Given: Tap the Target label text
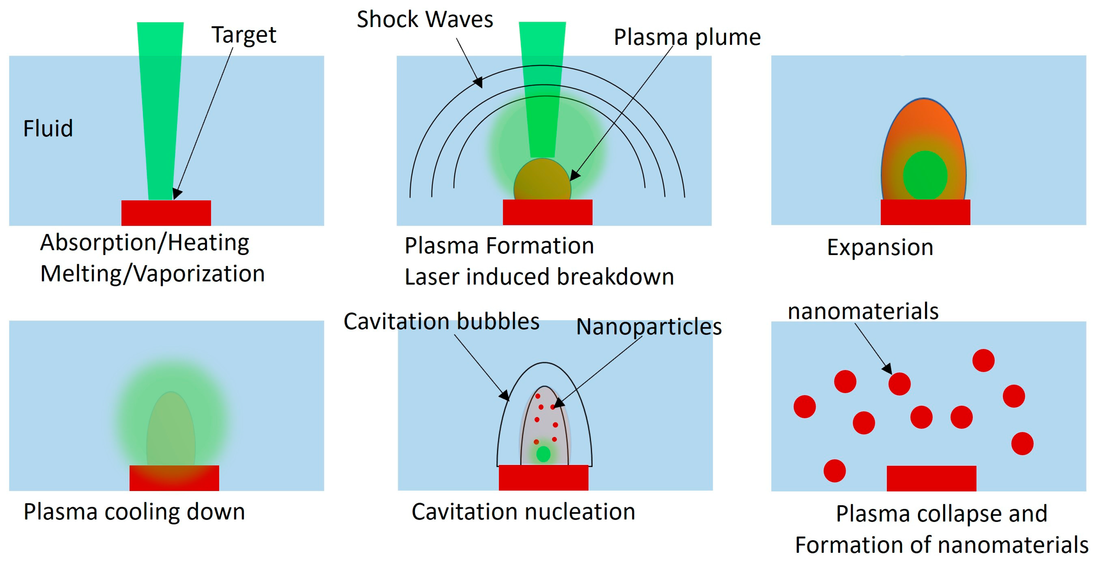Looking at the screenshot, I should [244, 35].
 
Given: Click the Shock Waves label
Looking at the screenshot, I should [425, 19].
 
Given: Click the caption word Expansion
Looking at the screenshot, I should [880, 247].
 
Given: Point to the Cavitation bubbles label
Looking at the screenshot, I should [441, 321].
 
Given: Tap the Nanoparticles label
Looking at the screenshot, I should [649, 327].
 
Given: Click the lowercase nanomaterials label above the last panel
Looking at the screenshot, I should [863, 311].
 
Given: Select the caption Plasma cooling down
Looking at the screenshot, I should [134, 511].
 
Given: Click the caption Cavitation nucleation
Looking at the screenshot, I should [523, 511].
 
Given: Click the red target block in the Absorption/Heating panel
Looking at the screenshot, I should [166, 213].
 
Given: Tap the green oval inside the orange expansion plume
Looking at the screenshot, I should [925, 175].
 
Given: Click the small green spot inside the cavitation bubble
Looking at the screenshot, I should [543, 454].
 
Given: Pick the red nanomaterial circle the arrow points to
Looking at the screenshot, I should [899, 383].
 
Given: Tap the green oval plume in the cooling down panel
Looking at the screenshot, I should [171, 430].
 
